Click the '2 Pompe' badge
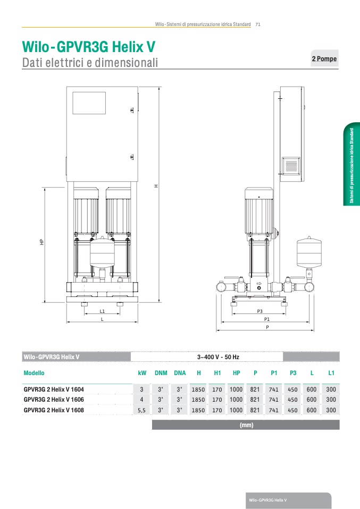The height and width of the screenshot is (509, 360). click(x=324, y=58)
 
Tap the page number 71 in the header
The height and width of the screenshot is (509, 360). click(x=258, y=24)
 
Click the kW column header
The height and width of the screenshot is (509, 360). click(x=142, y=373)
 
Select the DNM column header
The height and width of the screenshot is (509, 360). click(x=161, y=373)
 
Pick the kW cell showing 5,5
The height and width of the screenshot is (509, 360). click(x=141, y=410)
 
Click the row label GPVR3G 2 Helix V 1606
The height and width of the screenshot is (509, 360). click(x=54, y=400)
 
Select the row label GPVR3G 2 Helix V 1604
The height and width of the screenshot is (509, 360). click(x=54, y=389)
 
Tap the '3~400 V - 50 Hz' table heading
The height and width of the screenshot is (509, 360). click(x=218, y=357)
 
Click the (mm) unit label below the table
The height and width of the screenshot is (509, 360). click(x=246, y=425)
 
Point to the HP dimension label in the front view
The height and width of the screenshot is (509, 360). click(x=41, y=242)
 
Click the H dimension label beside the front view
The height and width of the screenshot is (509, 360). click(x=156, y=186)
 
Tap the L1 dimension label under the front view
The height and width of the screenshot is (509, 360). click(x=102, y=311)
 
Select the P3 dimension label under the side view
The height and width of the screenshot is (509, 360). click(x=259, y=311)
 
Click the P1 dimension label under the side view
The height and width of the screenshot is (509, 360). click(x=267, y=319)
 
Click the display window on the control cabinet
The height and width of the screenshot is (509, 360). click(x=89, y=103)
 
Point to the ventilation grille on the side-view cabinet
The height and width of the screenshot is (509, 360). click(x=291, y=166)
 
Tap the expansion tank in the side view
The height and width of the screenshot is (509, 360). click(x=309, y=252)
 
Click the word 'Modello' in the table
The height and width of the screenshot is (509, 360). click(x=34, y=373)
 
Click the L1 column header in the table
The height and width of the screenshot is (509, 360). click(x=331, y=373)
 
